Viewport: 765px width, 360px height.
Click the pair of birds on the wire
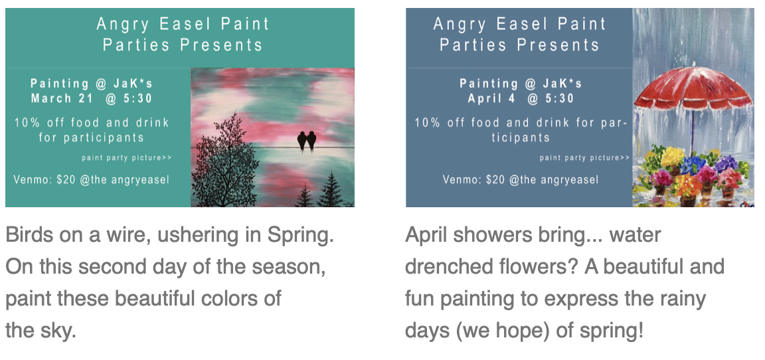tap(306, 141)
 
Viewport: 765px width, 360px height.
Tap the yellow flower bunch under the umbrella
tap(673, 157)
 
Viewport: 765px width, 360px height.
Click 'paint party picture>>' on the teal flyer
tap(126, 157)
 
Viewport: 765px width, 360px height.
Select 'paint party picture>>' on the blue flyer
tap(584, 157)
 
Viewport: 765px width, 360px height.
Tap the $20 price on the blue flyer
tap(495, 179)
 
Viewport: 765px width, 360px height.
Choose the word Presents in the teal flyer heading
tap(222, 45)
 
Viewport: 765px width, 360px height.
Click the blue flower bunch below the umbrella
tap(693, 164)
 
